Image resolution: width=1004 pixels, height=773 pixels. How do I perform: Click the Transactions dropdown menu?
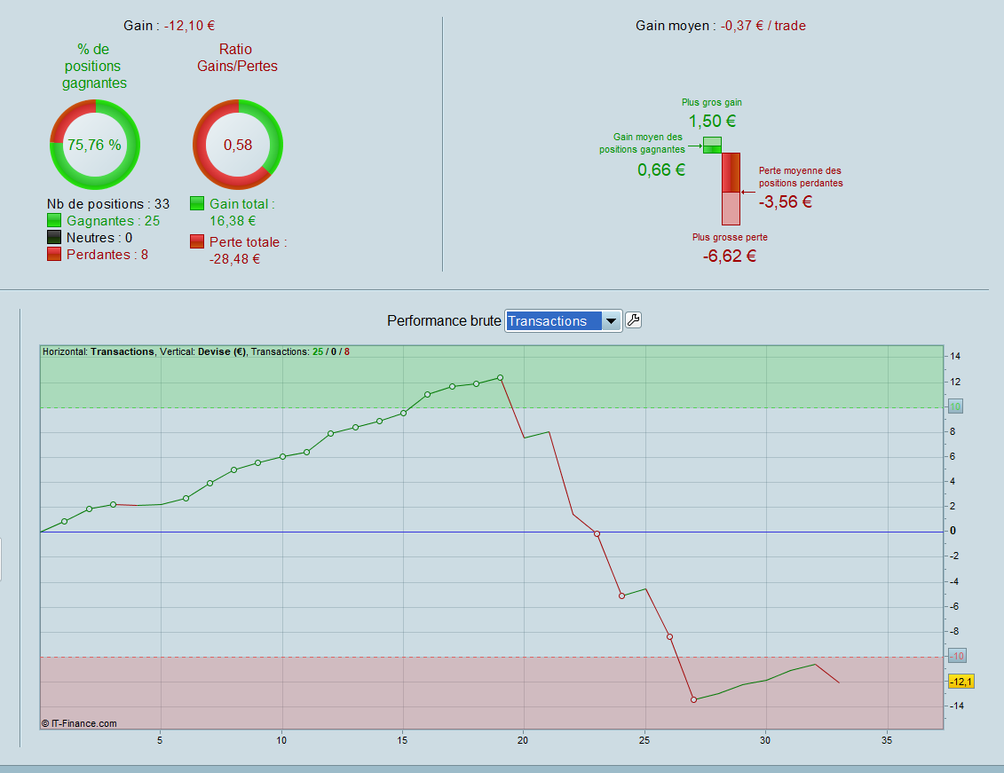coord(563,321)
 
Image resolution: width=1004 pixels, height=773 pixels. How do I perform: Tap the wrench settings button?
coord(633,320)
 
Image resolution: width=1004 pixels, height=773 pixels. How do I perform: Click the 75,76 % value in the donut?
coord(94,145)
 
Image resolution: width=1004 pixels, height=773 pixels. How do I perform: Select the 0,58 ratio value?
coord(238,145)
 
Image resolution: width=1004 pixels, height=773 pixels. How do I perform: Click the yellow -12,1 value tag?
coord(961,682)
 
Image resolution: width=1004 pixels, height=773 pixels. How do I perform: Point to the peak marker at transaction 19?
coord(500,378)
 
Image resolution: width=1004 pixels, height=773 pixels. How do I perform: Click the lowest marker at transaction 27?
coord(693,700)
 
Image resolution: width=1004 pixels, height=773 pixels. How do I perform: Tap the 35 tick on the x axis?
coord(887,740)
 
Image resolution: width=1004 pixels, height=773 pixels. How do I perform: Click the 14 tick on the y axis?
coord(954,356)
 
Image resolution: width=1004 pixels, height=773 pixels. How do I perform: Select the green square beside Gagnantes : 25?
coord(54,220)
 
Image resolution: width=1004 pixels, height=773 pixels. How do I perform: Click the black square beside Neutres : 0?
coord(54,237)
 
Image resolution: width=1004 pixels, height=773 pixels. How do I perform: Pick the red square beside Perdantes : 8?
coord(54,254)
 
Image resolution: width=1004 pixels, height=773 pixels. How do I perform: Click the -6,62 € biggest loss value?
coord(730,256)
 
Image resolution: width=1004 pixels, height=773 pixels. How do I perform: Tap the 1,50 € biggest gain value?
coord(712,122)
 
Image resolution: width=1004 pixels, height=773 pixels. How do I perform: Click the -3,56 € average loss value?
coord(786,201)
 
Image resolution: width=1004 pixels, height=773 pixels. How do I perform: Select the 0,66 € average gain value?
coord(661,170)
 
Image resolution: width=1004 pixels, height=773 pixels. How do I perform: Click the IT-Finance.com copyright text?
coord(79,723)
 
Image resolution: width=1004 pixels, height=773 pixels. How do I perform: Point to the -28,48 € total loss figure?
coord(234,259)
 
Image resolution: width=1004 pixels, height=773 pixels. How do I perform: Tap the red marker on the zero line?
coord(597,534)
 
